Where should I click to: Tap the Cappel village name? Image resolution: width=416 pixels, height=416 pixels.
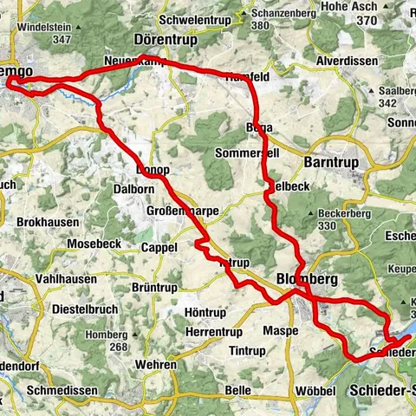point(159,247)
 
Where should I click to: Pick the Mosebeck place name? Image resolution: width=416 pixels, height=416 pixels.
point(92,244)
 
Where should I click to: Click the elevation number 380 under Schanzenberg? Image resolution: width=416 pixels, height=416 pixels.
point(261,26)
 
